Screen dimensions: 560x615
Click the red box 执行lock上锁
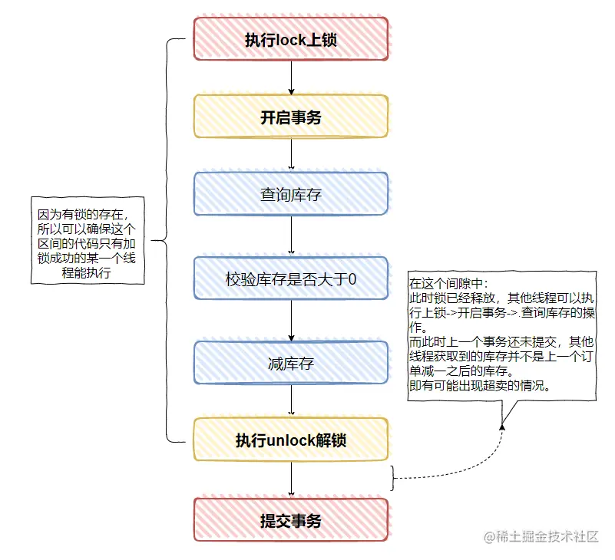click(291, 40)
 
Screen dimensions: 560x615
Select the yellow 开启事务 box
click(291, 117)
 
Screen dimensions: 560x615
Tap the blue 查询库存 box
click(291, 195)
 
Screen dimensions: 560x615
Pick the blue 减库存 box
click(291, 363)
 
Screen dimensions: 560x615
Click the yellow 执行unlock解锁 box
click(291, 440)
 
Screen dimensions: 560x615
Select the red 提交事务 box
click(291, 522)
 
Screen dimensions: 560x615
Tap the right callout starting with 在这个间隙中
click(502, 334)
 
